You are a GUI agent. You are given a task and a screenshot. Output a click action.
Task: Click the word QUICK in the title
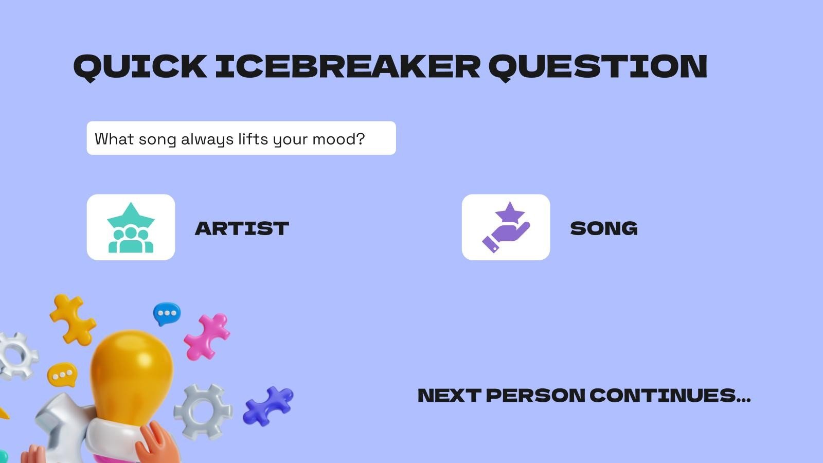click(140, 67)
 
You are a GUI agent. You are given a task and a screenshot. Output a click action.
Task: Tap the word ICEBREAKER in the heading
click(347, 67)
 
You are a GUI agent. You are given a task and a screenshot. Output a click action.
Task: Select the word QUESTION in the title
click(598, 67)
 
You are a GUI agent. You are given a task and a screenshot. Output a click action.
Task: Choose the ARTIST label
click(242, 228)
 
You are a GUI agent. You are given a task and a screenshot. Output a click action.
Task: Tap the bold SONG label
click(604, 228)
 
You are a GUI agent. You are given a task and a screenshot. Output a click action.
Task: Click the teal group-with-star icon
click(131, 227)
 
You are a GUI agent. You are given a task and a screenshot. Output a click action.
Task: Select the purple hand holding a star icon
click(506, 227)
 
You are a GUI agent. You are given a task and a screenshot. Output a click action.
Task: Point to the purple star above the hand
click(510, 211)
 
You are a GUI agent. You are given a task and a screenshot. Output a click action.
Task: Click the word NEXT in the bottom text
click(449, 396)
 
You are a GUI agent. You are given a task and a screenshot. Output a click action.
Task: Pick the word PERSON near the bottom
click(535, 396)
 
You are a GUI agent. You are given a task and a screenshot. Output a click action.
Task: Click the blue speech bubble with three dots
click(167, 313)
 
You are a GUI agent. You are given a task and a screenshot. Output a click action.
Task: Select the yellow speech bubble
click(62, 375)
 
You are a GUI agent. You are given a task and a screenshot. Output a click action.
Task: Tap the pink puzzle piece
click(208, 335)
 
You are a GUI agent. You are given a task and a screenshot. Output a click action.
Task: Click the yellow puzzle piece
click(73, 319)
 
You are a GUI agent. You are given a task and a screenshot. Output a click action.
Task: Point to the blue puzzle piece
click(268, 405)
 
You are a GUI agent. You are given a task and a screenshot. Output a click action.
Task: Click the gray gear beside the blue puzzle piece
click(203, 411)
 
